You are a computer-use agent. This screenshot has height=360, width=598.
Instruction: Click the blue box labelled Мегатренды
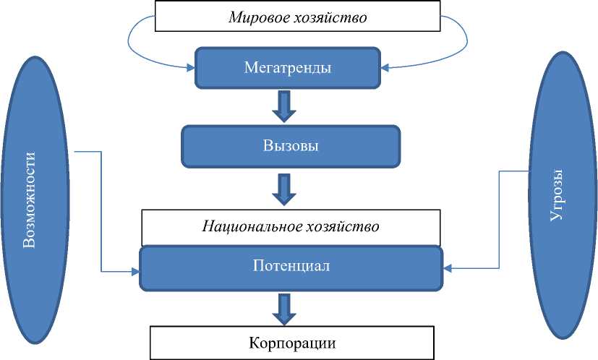(x=288, y=69)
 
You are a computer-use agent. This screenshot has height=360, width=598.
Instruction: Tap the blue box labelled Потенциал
(x=291, y=266)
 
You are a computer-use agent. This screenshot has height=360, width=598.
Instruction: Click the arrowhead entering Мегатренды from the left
(x=191, y=69)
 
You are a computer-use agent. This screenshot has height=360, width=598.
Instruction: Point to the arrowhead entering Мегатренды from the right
(x=385, y=69)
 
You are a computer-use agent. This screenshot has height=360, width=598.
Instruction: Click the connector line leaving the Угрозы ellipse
(x=499, y=217)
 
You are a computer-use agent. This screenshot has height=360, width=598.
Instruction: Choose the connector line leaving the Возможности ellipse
(x=101, y=210)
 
